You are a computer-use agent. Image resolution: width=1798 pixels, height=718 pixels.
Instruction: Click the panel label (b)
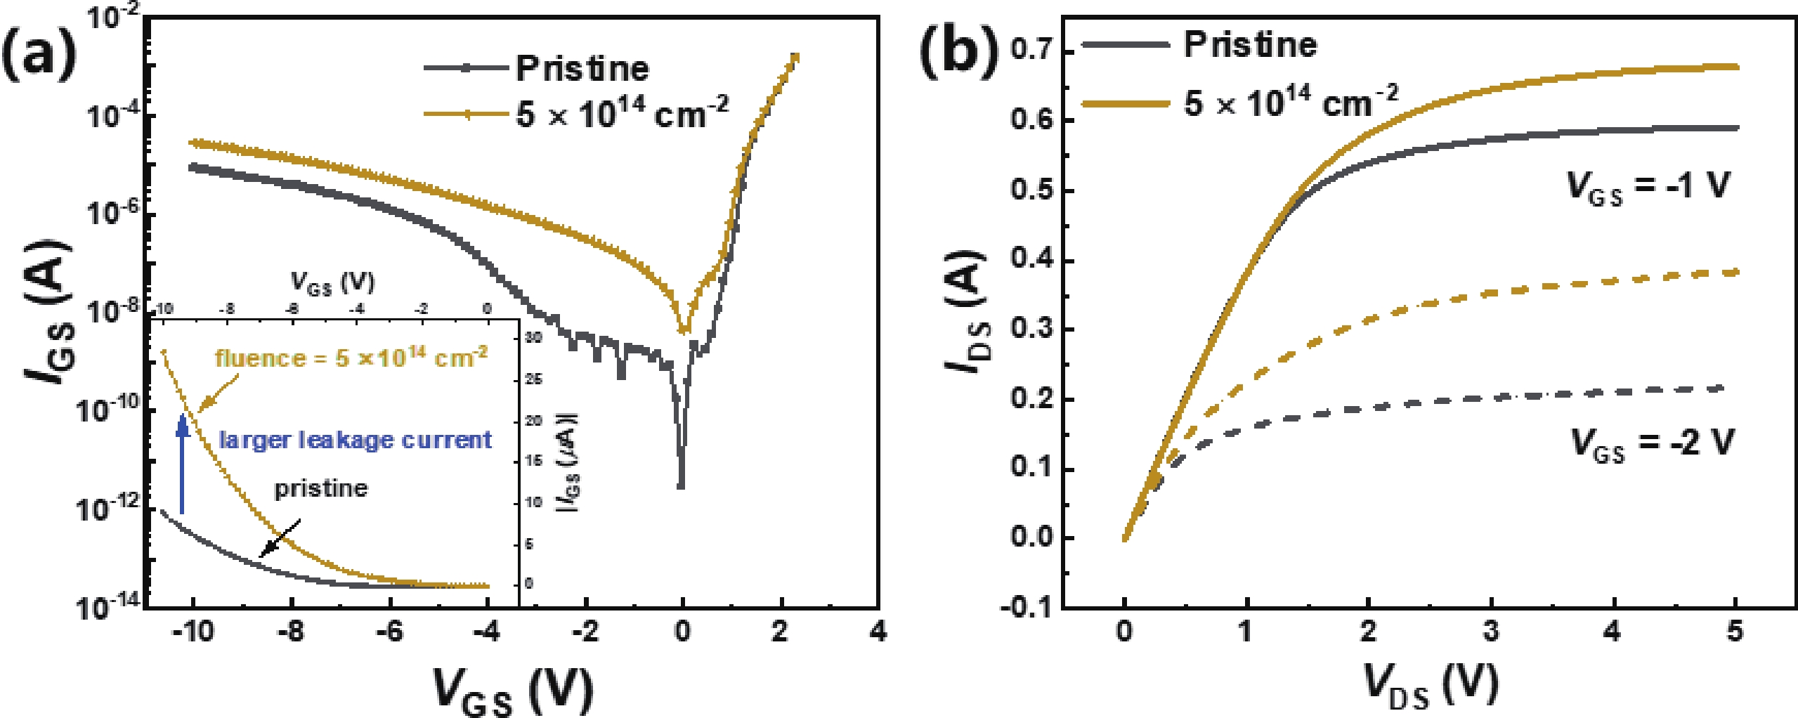tap(959, 49)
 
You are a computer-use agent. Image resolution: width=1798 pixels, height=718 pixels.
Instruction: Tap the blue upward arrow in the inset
tap(183, 464)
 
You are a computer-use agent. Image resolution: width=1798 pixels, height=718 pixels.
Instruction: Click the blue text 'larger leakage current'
tap(356, 440)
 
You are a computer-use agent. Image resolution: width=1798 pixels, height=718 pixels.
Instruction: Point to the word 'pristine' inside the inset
tap(320, 488)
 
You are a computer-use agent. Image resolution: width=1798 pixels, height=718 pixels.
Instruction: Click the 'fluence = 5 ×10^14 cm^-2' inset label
tap(351, 358)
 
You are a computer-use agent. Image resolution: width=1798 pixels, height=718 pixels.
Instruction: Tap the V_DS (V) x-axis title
tap(1431, 684)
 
